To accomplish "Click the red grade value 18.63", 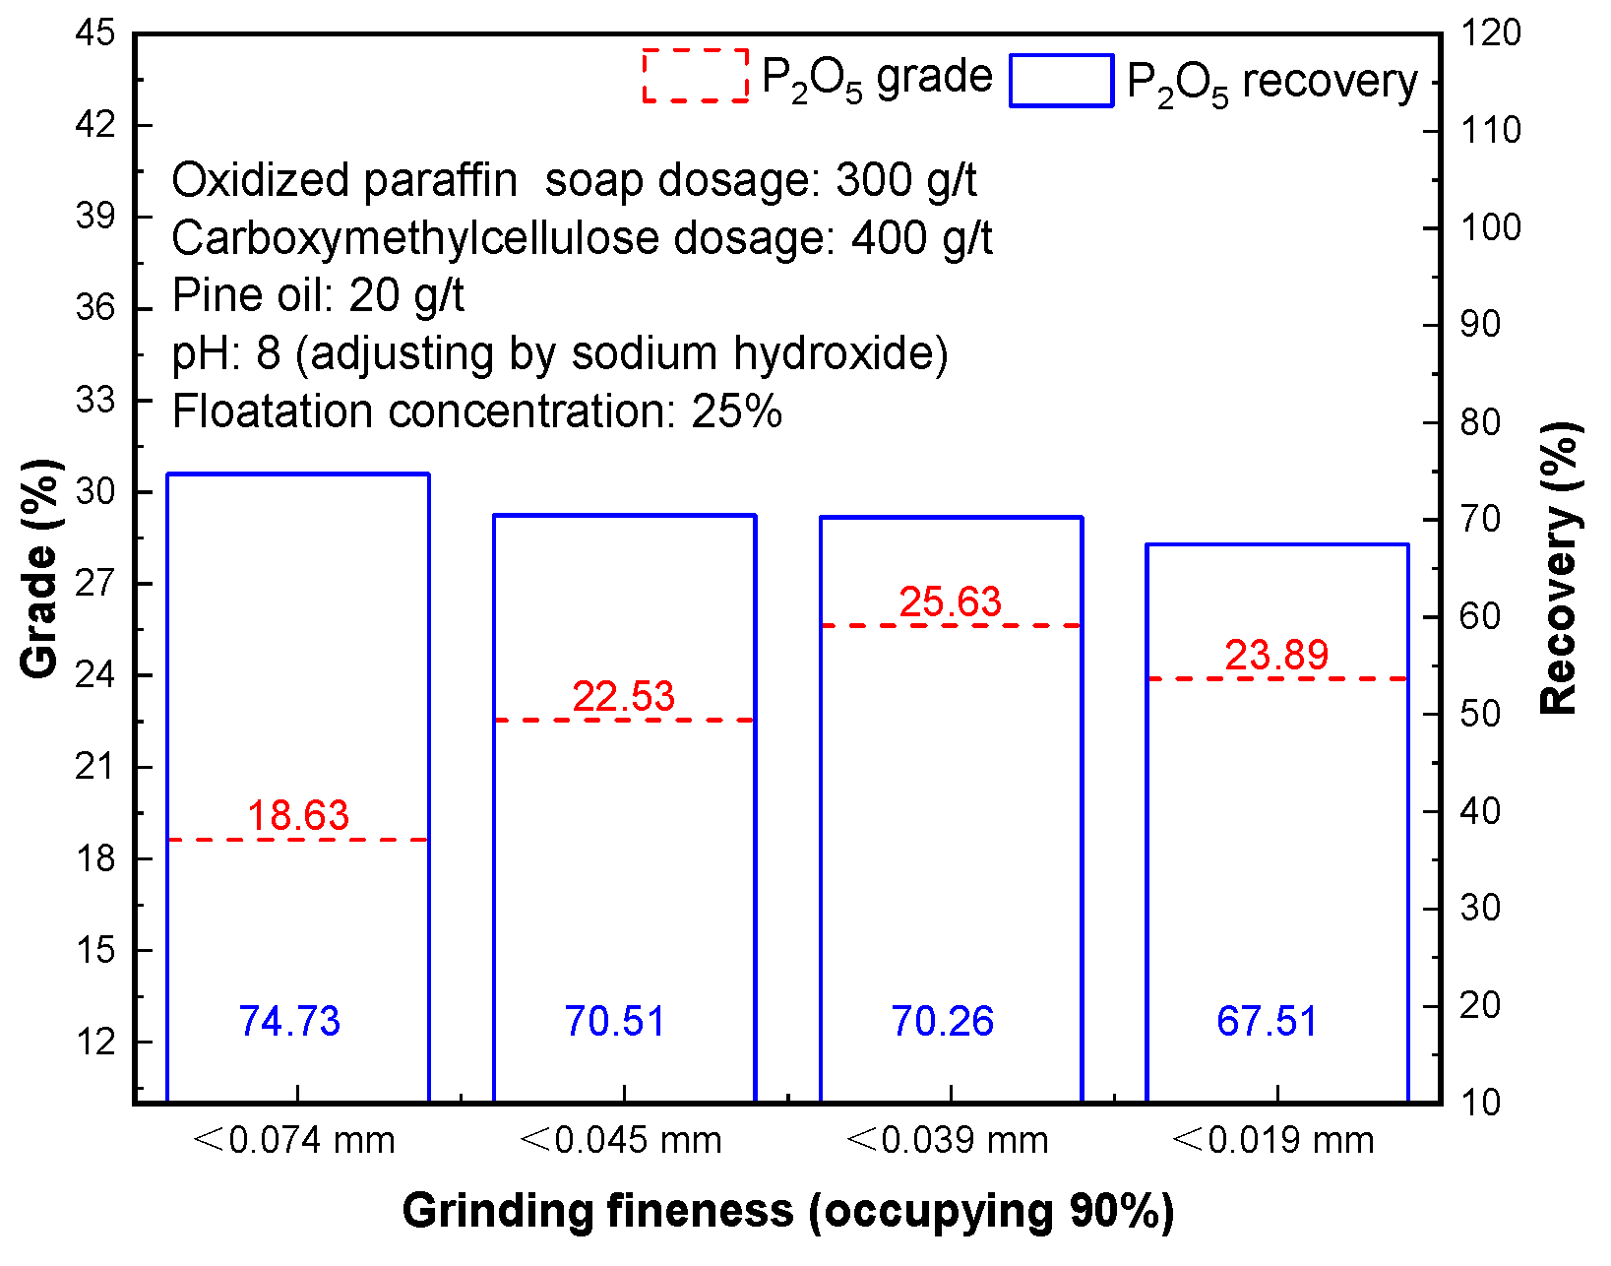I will pos(298,815).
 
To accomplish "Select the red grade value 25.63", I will pos(951,601).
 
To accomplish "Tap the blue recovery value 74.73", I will pos(289,1021).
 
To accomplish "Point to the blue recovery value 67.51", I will pos(1268,1021).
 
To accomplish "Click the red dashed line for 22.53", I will pos(624,721).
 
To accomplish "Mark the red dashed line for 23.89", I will pos(1277,679).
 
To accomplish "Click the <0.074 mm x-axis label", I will pos(294,1140).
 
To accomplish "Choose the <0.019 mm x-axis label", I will pos(1273,1140).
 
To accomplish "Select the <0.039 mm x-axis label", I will pos(948,1140).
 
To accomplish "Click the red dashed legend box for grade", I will pos(696,76).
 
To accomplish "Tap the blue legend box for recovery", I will pos(1061,81).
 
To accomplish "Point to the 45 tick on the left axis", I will pos(95,33).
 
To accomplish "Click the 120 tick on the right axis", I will pos(1491,33).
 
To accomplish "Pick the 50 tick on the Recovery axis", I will pos(1480,714).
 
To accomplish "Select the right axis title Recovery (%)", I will pos(1560,568).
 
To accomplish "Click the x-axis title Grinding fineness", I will pos(788,1211).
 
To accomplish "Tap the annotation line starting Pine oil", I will pos(318,295).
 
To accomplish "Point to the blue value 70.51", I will pos(616,1021).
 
